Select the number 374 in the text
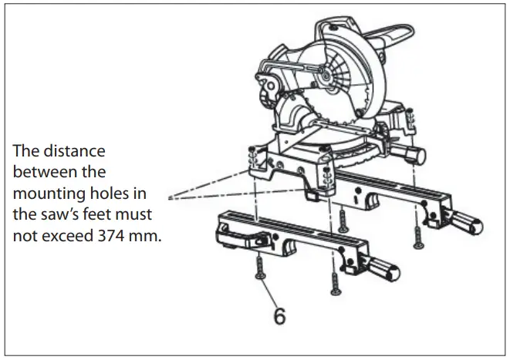[127, 236]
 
